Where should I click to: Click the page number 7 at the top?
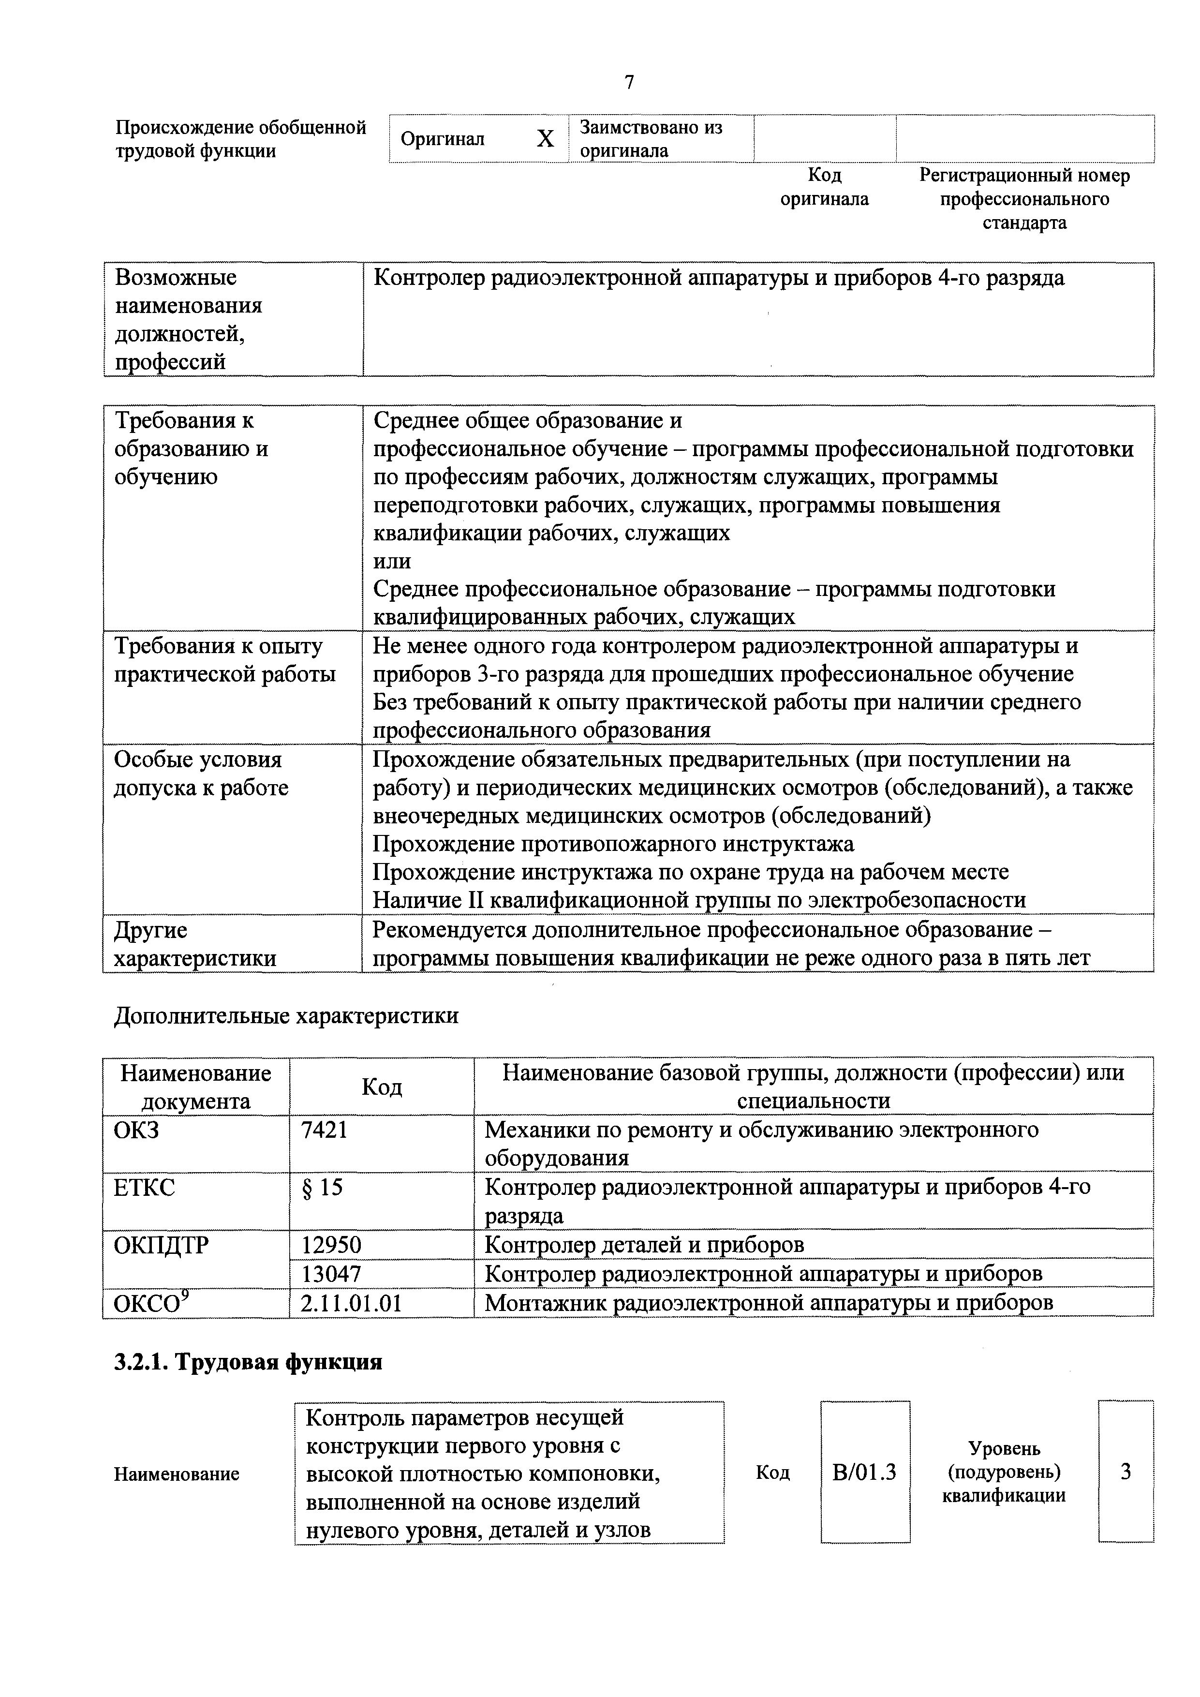click(629, 82)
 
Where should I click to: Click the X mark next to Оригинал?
click(545, 139)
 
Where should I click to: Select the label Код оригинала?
click(825, 187)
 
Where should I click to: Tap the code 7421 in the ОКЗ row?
click(325, 1130)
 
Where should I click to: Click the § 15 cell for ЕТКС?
click(323, 1188)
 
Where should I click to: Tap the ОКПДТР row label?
click(162, 1245)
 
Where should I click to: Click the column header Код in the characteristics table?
click(382, 1087)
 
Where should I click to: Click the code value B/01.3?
click(864, 1473)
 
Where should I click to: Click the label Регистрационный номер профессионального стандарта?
click(1024, 199)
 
